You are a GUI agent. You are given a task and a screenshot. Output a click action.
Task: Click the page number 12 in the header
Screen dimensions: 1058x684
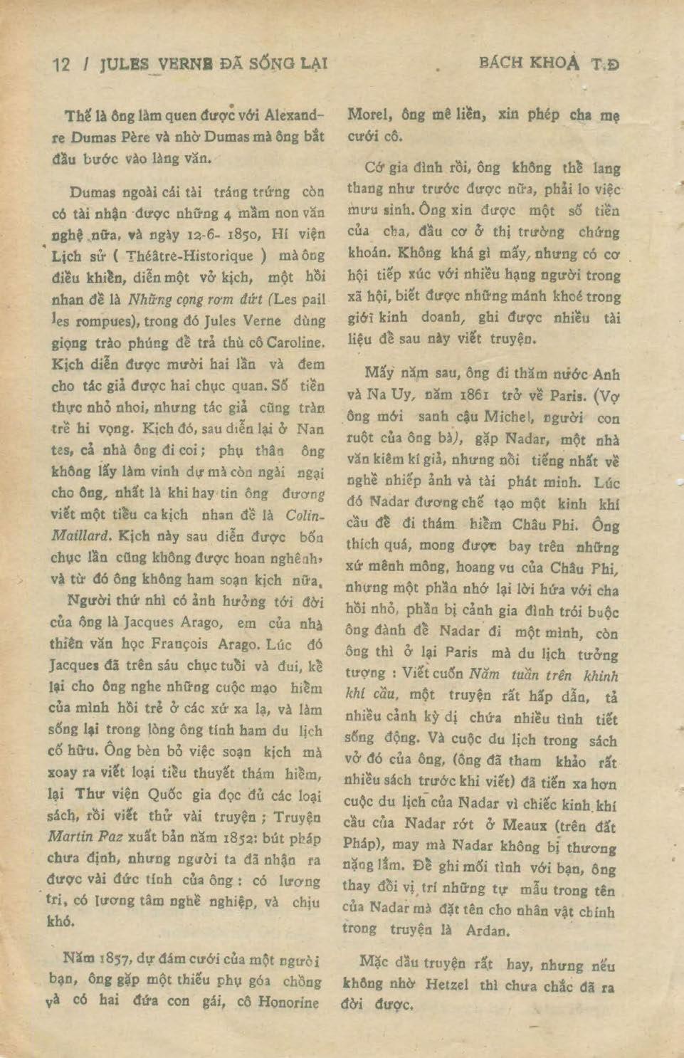pyautogui.click(x=62, y=65)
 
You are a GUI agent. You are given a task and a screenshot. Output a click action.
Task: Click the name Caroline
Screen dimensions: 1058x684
pyautogui.click(x=293, y=342)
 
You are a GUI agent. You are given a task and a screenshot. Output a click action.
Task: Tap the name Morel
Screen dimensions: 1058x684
pyautogui.click(x=368, y=114)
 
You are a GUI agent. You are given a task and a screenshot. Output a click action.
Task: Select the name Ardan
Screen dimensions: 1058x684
pyautogui.click(x=487, y=931)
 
